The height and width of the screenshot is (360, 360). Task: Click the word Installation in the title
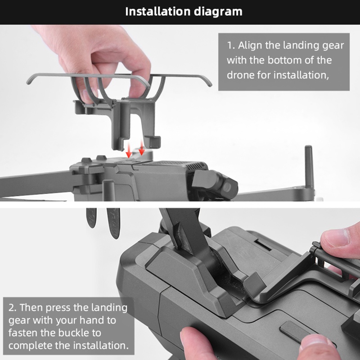[x=158, y=12]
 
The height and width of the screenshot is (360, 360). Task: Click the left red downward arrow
[x=129, y=150]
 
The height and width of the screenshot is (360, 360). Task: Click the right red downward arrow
[x=142, y=148]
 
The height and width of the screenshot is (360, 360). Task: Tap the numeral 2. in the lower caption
[x=13, y=308]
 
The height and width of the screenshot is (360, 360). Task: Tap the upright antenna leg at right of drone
[x=309, y=167]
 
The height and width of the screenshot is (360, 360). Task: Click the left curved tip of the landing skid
[x=29, y=81]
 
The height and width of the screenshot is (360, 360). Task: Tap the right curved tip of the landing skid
[x=208, y=83]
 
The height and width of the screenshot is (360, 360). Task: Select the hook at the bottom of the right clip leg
[x=154, y=142]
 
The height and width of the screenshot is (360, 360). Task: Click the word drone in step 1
[x=240, y=75]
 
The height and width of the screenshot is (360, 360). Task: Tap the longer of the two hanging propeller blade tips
[x=113, y=223]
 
